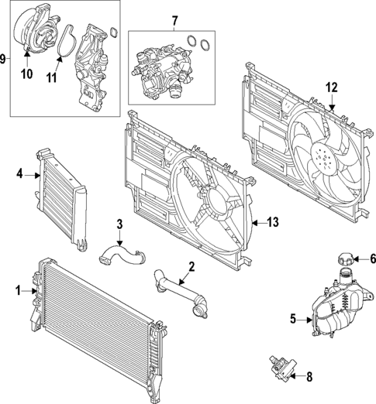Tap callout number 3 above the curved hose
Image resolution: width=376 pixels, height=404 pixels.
(119, 224)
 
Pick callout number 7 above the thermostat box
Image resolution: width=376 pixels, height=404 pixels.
(174, 19)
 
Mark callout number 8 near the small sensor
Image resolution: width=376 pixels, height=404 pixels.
(310, 378)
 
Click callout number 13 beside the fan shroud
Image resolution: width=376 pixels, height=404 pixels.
(272, 222)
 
